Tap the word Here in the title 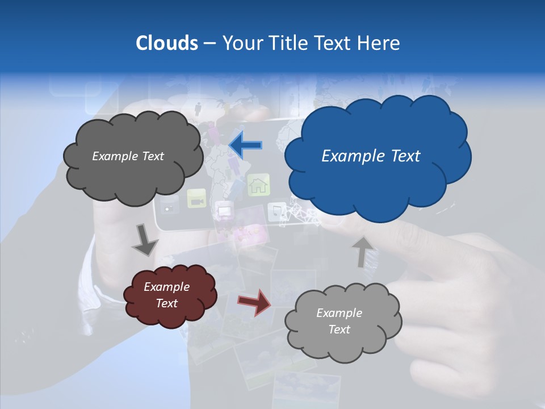[x=380, y=43]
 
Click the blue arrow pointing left [x=245, y=145]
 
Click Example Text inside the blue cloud [x=371, y=156]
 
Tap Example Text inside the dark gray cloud [x=128, y=156]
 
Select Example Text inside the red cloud [x=167, y=295]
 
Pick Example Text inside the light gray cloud [x=339, y=321]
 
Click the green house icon [x=258, y=185]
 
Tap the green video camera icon [x=196, y=199]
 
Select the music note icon [x=277, y=211]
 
